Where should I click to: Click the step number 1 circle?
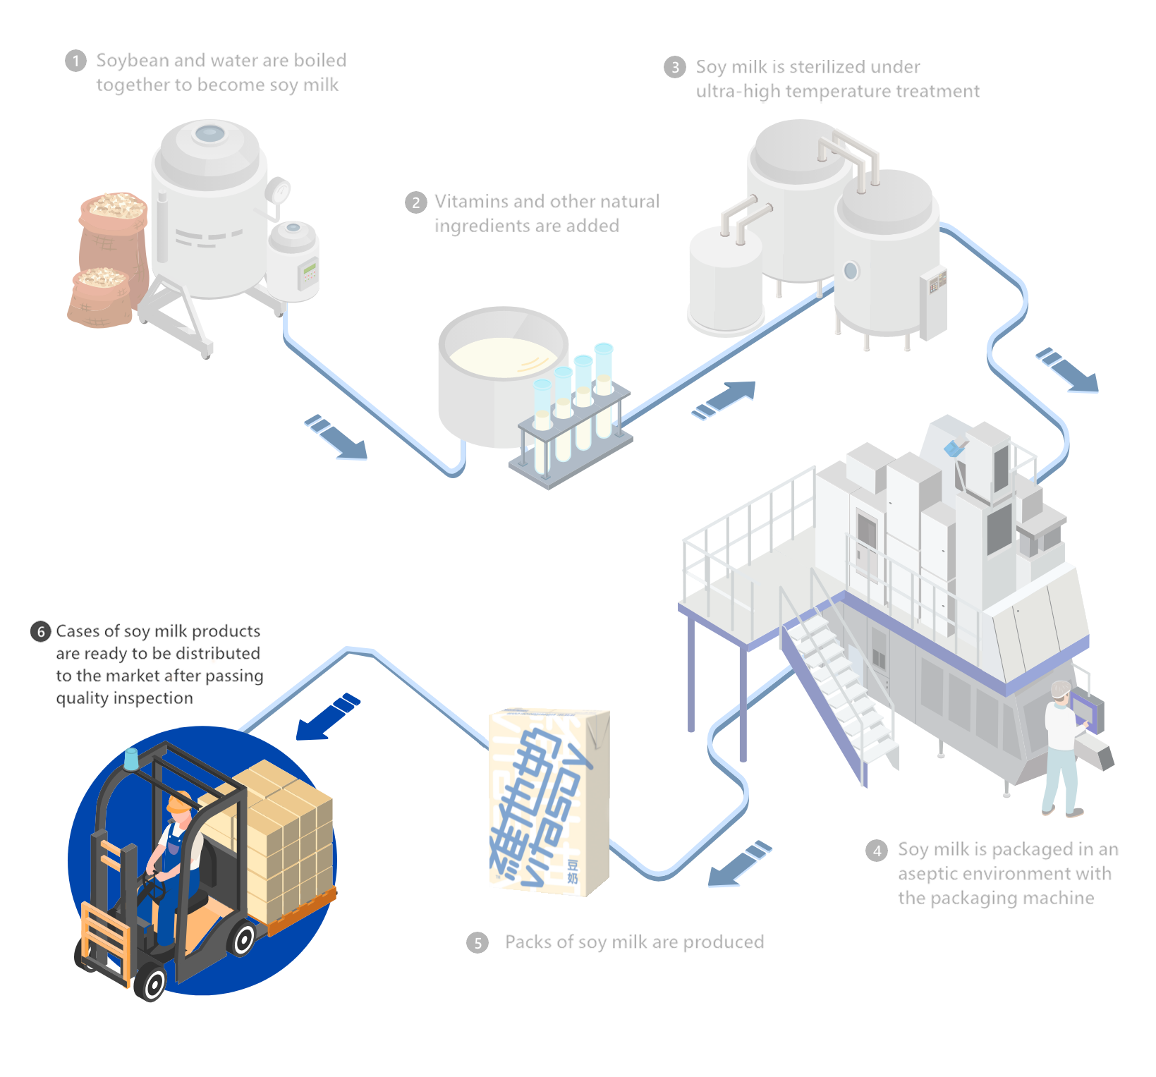click(75, 61)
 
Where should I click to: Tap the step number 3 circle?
click(675, 67)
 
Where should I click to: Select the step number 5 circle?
click(477, 943)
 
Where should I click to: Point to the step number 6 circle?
click(41, 631)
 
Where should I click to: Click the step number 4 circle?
click(877, 851)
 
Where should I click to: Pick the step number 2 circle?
click(416, 203)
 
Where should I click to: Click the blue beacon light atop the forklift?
click(131, 759)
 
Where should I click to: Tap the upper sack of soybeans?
click(113, 226)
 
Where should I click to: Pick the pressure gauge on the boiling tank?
click(279, 190)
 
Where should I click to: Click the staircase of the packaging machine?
click(839, 677)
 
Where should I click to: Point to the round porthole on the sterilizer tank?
click(851, 271)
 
